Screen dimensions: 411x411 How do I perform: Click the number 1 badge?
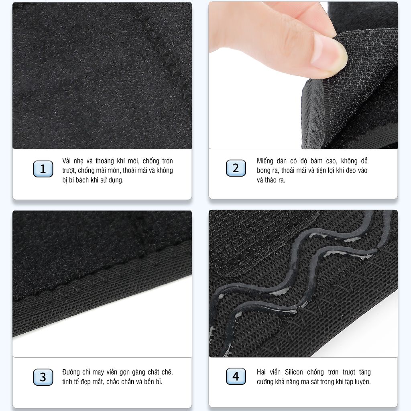(x=43, y=169)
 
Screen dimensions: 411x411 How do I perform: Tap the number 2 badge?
(x=236, y=168)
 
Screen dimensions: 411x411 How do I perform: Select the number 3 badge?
(x=43, y=377)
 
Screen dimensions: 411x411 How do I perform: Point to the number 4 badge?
(x=236, y=376)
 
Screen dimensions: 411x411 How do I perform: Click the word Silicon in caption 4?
(x=294, y=372)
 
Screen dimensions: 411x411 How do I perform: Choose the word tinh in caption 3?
(x=67, y=382)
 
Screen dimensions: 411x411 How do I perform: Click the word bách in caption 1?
(x=82, y=180)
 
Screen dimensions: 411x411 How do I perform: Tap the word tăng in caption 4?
(x=365, y=372)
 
